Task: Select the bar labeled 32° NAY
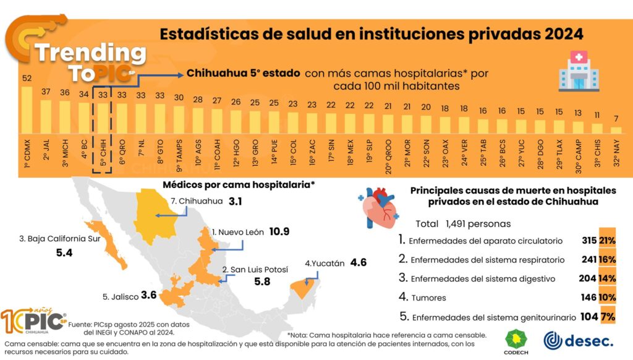(x=616, y=130)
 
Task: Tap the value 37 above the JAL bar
(x=46, y=92)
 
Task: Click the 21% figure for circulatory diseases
(x=607, y=241)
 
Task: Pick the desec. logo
(x=579, y=341)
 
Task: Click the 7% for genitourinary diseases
(x=608, y=317)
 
